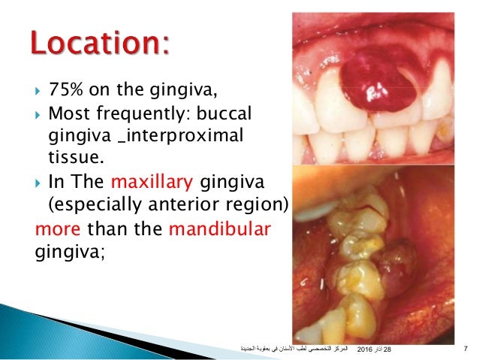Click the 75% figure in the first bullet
[x=65, y=92]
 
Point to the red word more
[x=60, y=226]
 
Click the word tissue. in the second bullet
[x=72, y=157]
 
